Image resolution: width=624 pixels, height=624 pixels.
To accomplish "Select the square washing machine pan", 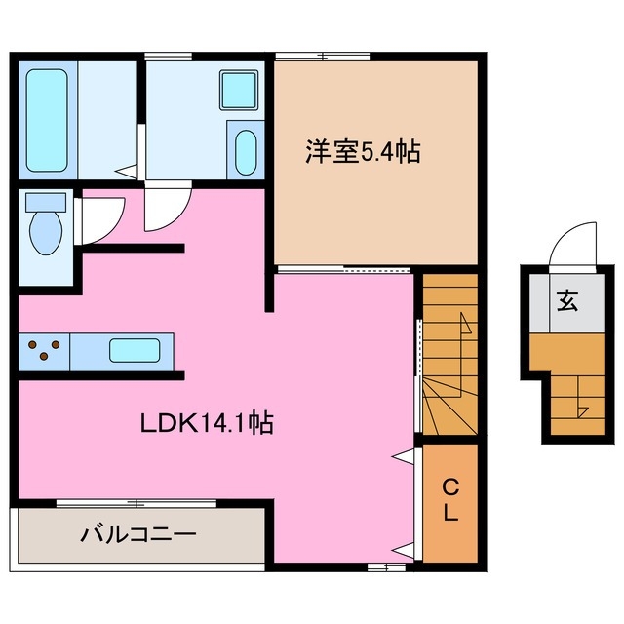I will [x=238, y=91].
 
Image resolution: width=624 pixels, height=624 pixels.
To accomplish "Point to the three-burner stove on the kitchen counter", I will [x=44, y=349].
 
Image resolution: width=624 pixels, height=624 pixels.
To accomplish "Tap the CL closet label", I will [x=449, y=500].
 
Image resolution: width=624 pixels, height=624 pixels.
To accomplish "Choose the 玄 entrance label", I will [x=566, y=301].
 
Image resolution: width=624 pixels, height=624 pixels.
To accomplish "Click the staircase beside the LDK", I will [x=449, y=356].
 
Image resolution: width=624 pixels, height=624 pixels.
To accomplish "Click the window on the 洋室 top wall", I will [x=321, y=56].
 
